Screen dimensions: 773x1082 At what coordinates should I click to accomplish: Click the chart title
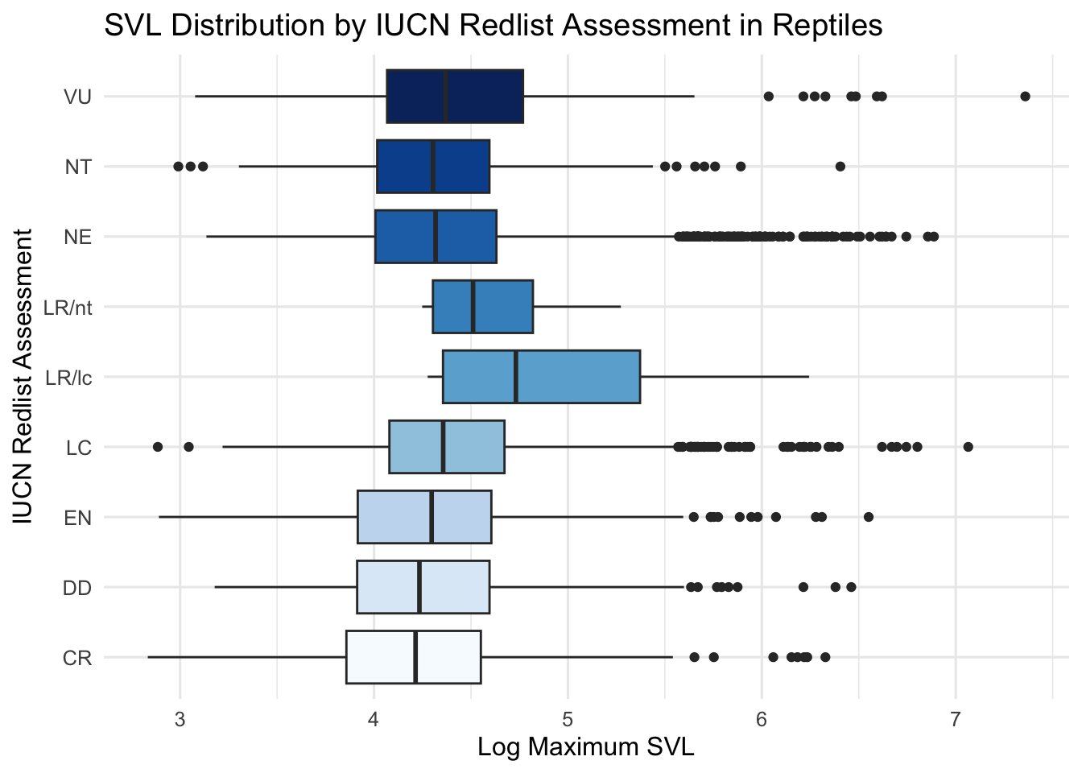point(493,26)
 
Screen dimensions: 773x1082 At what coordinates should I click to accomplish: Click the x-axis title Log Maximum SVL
point(585,746)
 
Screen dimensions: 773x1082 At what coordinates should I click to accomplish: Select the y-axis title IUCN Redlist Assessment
point(24,377)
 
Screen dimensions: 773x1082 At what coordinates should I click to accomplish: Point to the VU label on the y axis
point(78,97)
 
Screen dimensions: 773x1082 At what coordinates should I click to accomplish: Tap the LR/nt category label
point(68,308)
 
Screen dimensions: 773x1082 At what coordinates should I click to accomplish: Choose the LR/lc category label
point(69,378)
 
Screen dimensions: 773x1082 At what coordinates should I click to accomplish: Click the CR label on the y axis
point(77,659)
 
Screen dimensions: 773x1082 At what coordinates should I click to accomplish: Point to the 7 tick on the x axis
point(955,718)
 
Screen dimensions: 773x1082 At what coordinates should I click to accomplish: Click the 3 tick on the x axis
point(180,718)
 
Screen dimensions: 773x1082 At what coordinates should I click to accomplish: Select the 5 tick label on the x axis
point(568,718)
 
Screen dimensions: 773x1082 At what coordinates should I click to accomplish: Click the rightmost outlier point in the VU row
point(1025,97)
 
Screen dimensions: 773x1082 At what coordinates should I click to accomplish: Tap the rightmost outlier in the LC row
point(968,447)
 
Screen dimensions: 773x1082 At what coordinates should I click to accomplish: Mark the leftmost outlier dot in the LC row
point(158,447)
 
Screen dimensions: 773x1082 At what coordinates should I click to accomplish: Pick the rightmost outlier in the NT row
point(840,167)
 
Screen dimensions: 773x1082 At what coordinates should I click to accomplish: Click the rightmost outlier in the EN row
point(868,517)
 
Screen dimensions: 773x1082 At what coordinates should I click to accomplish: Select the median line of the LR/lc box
point(516,377)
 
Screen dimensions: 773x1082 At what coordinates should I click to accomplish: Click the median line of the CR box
point(415,657)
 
